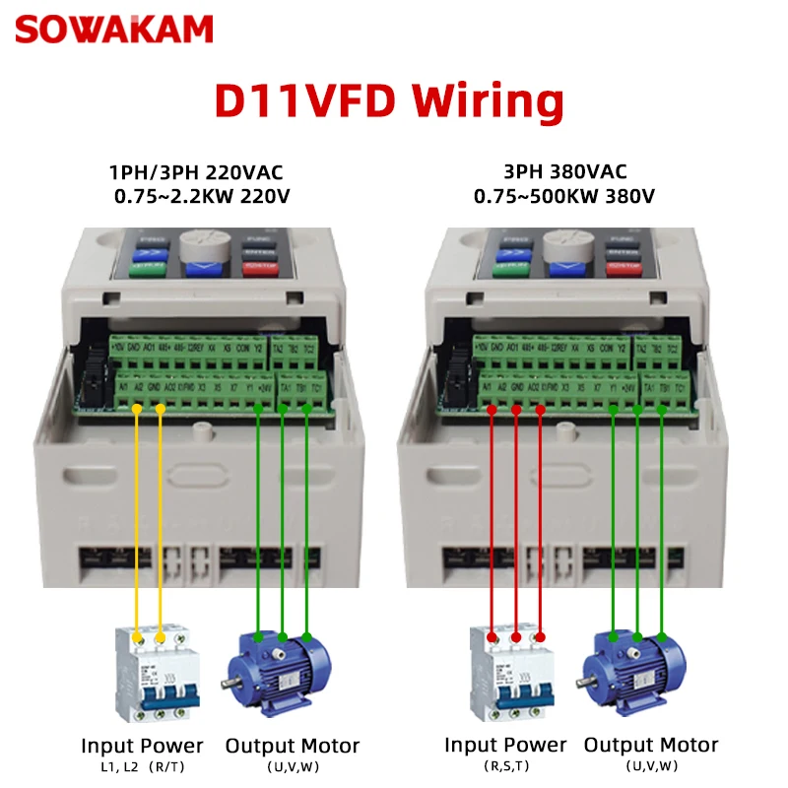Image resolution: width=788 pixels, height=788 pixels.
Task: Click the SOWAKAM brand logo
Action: (113, 29)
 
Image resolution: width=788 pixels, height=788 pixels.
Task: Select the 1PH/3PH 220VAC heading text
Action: (202, 174)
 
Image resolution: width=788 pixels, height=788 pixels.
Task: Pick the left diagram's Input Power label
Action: (142, 746)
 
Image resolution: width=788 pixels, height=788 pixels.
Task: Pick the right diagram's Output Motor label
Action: (651, 745)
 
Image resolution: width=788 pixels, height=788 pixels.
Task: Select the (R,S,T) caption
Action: (505, 766)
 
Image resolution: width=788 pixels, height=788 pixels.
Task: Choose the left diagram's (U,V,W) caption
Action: (292, 766)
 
